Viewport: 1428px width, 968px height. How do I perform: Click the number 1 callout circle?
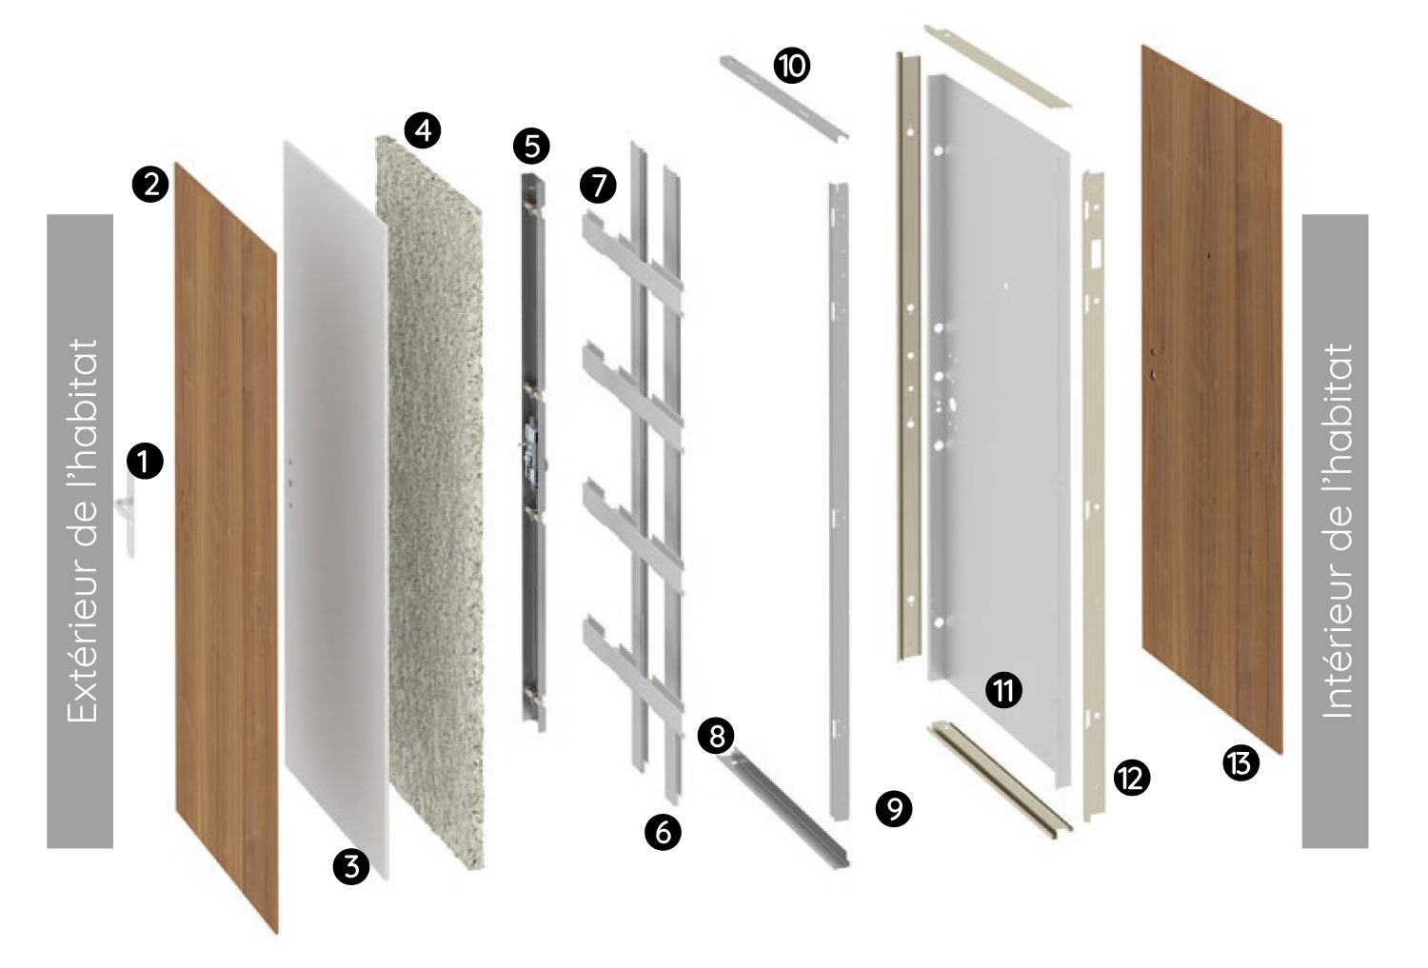coord(145,461)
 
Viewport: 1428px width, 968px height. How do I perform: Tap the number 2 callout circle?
coord(150,185)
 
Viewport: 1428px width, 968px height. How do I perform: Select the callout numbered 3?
coord(351,867)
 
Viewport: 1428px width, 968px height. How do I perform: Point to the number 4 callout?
coord(423,130)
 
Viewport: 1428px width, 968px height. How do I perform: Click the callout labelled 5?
coord(531,147)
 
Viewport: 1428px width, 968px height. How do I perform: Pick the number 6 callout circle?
coord(663,832)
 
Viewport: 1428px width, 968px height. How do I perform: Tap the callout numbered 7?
coord(598,186)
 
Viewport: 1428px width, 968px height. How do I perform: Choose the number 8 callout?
coord(716,736)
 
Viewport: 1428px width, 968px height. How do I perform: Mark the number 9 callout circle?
coord(894,809)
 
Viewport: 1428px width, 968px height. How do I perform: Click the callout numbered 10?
coord(792,66)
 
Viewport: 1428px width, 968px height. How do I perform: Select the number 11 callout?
coord(1004,690)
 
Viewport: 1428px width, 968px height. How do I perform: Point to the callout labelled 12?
coord(1132,778)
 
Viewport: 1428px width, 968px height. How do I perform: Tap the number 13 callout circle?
coord(1241,762)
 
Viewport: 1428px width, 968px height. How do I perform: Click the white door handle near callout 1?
coord(129,520)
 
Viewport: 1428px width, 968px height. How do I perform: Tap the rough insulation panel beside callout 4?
coord(429,504)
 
